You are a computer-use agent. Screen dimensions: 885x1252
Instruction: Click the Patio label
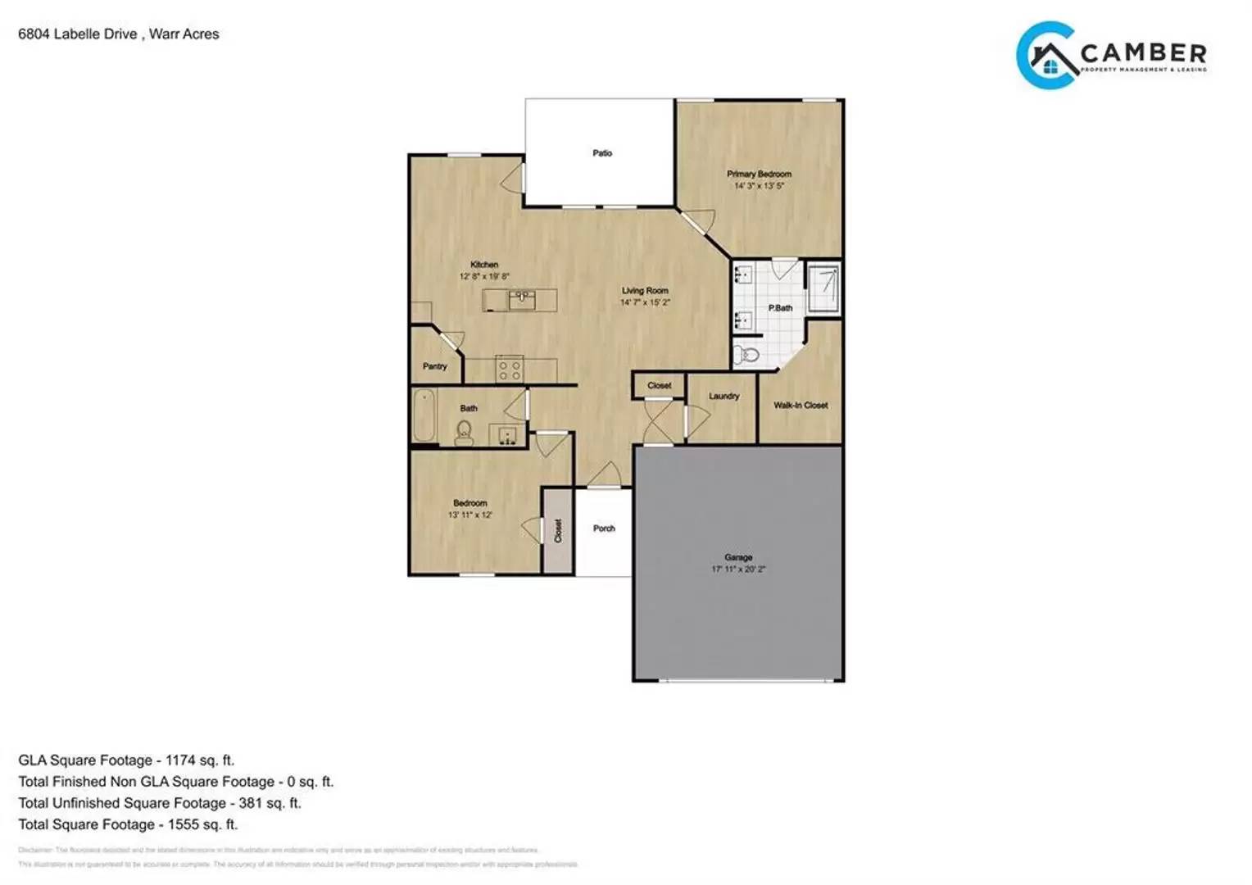click(602, 153)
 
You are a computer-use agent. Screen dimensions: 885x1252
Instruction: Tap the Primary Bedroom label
click(759, 174)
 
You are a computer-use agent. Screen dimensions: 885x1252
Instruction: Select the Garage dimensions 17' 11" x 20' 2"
click(737, 569)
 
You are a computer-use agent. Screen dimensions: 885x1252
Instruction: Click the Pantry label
click(435, 366)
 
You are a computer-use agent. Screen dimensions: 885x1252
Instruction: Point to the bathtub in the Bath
click(424, 416)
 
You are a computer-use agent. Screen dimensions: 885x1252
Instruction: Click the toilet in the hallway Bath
click(465, 433)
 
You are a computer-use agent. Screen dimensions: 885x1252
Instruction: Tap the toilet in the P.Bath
click(746, 354)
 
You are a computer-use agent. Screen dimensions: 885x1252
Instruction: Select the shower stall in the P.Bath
click(823, 288)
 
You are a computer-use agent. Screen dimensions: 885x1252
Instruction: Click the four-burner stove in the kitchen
click(510, 370)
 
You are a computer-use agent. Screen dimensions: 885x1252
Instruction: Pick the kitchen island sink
click(522, 299)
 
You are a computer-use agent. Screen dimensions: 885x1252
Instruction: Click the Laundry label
click(724, 396)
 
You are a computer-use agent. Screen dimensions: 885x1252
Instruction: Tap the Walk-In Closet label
click(801, 405)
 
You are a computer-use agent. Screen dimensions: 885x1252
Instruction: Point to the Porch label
click(604, 529)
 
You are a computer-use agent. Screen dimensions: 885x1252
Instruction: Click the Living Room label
click(645, 291)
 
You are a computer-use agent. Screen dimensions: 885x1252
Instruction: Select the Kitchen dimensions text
click(484, 277)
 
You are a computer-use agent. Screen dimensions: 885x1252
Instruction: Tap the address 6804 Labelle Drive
click(78, 34)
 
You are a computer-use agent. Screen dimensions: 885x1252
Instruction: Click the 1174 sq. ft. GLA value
click(200, 760)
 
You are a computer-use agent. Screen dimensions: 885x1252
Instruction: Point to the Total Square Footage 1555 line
click(128, 824)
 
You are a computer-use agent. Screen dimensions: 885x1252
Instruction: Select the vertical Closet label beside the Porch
click(558, 530)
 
